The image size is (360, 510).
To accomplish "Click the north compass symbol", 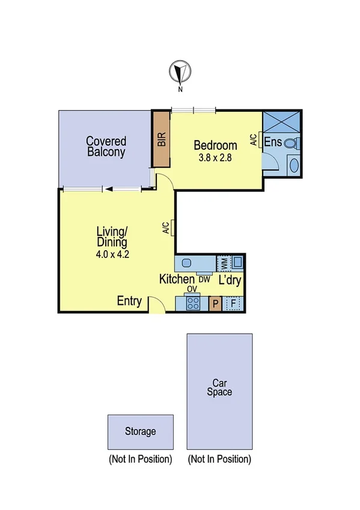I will (179, 72).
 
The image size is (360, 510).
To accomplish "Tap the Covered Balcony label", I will (106, 147).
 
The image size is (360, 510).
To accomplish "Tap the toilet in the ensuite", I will (291, 144).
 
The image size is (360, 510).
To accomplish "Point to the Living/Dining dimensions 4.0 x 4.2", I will (112, 254).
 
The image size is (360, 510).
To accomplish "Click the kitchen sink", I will (186, 263).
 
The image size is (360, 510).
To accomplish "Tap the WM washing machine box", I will (224, 263).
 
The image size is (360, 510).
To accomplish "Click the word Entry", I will (129, 301).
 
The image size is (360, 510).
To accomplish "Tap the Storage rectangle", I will (141, 431).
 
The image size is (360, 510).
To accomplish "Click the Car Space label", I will (219, 387).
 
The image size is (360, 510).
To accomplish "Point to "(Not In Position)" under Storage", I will (140, 459).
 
